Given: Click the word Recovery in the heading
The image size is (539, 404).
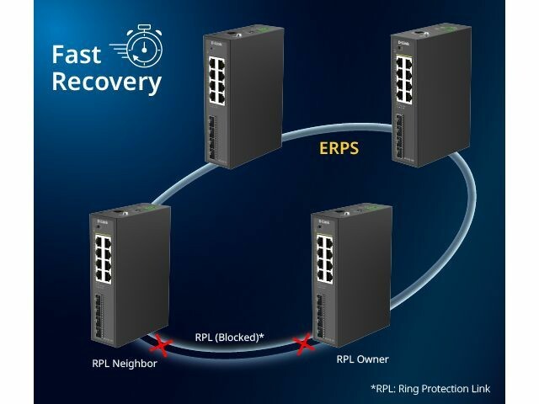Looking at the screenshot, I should [x=106, y=82].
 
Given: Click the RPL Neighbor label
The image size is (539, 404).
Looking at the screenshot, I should [x=124, y=364].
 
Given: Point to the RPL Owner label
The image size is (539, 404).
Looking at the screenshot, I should [x=362, y=359].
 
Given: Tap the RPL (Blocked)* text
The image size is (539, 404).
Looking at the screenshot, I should [x=230, y=338].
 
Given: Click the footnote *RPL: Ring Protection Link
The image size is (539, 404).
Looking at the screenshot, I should [x=430, y=388].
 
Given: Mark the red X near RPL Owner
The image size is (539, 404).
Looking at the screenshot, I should [x=302, y=343].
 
